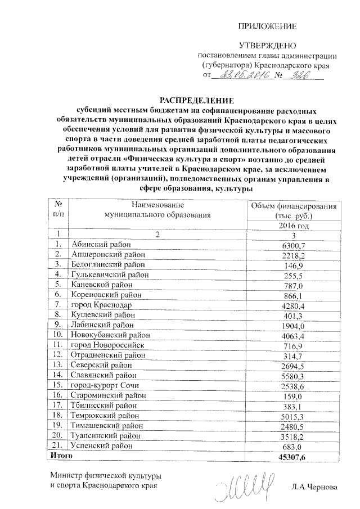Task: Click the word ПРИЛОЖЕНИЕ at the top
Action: pyautogui.click(x=267, y=26)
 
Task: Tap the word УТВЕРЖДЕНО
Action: pyautogui.click(x=267, y=45)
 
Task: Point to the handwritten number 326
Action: pyautogui.click(x=298, y=75)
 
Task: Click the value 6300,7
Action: pyautogui.click(x=293, y=245)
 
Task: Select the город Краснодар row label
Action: pyautogui.click(x=101, y=305)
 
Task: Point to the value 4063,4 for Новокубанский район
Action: pyautogui.click(x=293, y=336)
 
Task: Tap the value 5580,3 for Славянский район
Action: pyautogui.click(x=293, y=376)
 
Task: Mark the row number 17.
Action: pyautogui.click(x=57, y=405)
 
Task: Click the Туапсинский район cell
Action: pyautogui.click(x=102, y=435)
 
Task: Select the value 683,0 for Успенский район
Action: pyautogui.click(x=293, y=446)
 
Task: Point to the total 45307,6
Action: pyautogui.click(x=291, y=457)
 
